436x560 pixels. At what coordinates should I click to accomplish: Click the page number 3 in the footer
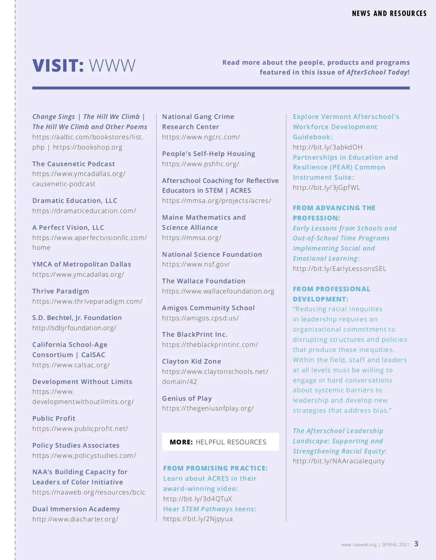click(x=416, y=544)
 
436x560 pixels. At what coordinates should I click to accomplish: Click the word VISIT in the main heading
click(x=58, y=66)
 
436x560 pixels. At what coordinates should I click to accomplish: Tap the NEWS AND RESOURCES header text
click(x=389, y=13)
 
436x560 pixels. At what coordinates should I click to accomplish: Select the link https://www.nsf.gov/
click(x=196, y=264)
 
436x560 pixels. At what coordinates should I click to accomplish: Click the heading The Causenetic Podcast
click(x=73, y=164)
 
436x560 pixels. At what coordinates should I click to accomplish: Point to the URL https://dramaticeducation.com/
click(x=84, y=211)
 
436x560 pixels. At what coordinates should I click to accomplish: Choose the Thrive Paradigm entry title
click(x=61, y=291)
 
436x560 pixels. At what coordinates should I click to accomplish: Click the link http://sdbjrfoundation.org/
click(x=74, y=328)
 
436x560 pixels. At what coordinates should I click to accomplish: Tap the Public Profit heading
click(x=54, y=419)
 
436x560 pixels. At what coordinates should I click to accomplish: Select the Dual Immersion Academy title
click(x=76, y=509)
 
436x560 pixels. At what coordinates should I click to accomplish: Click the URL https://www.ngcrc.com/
click(x=201, y=137)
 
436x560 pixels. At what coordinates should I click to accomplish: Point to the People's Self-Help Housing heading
click(x=209, y=154)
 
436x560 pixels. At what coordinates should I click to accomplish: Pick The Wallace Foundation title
click(x=203, y=281)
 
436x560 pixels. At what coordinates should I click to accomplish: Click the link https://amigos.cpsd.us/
click(x=200, y=318)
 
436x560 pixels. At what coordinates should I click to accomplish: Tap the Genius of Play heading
click(x=187, y=399)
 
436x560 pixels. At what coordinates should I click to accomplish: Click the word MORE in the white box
click(x=181, y=442)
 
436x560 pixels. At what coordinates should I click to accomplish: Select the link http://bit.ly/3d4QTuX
click(x=197, y=499)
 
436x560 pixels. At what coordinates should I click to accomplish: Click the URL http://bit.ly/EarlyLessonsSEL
click(x=339, y=269)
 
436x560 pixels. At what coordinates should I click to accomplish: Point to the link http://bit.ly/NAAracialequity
click(x=339, y=461)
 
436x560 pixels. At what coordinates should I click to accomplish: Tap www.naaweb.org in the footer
click(x=359, y=545)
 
